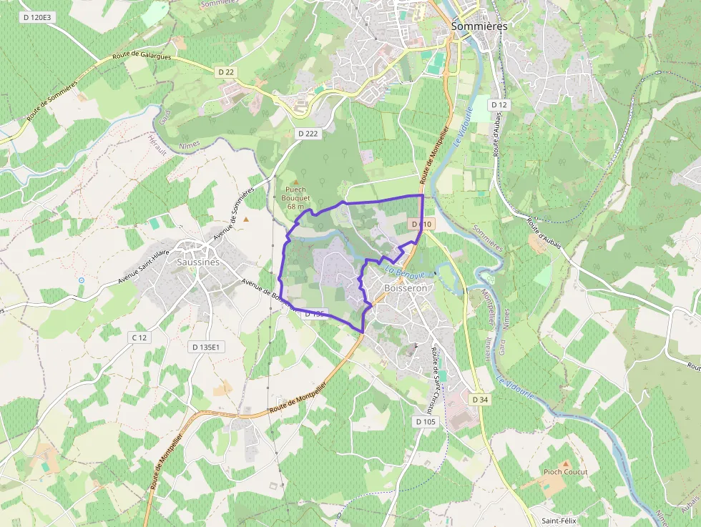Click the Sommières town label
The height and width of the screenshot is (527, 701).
(479, 26)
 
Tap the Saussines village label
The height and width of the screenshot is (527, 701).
(197, 262)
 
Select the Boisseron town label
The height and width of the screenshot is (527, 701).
(406, 288)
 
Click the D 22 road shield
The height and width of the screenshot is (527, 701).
(225, 72)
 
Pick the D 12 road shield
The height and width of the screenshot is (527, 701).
(499, 105)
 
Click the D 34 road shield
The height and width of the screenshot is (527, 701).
(479, 398)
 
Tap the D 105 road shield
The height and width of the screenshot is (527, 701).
(425, 421)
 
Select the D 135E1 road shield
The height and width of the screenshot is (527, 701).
(207, 347)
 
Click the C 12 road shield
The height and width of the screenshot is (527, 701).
(139, 337)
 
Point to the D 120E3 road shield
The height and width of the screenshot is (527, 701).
(38, 16)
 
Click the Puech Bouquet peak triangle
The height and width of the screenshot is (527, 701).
(295, 182)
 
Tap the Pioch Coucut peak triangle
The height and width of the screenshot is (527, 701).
(566, 463)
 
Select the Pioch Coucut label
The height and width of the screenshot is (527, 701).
(565, 472)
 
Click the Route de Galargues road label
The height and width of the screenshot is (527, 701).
(142, 57)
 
